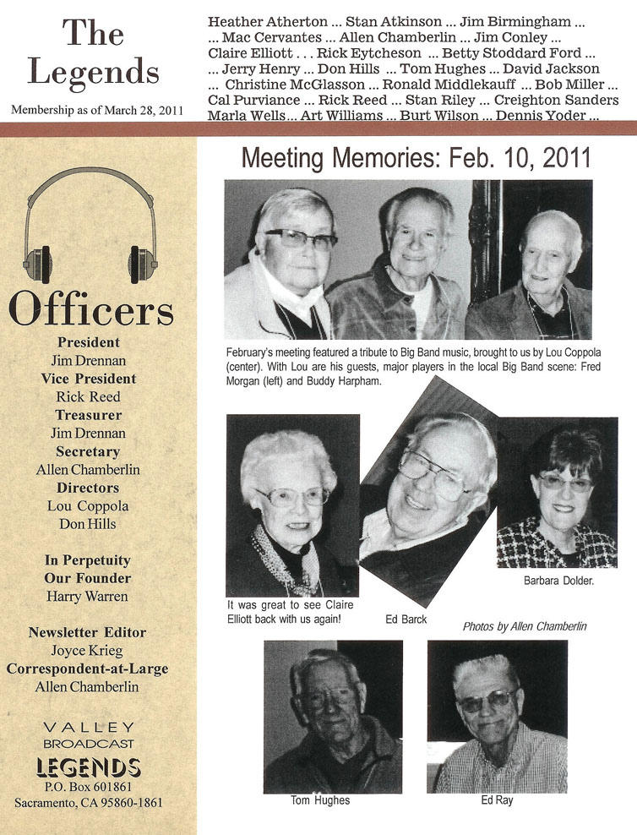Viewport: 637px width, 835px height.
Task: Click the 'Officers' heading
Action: (90, 310)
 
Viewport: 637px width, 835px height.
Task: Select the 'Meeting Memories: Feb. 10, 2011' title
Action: (416, 160)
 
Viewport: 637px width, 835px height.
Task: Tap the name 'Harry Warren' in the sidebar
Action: (88, 597)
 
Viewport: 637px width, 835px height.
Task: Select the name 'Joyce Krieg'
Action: (88, 651)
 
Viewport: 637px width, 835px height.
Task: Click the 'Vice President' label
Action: (88, 379)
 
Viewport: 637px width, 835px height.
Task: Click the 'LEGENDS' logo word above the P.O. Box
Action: (88, 767)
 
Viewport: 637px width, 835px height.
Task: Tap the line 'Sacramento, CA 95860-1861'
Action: (88, 802)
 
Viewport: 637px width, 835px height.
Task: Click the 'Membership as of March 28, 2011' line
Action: (98, 111)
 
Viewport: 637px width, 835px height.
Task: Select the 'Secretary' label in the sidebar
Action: (88, 451)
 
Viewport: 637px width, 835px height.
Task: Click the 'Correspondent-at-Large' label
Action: (88, 669)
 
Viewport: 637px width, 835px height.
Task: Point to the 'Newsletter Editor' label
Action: (88, 632)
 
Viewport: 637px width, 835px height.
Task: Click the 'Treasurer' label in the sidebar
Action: (88, 415)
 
